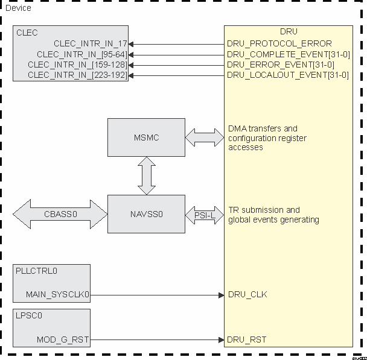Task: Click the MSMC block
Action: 146,137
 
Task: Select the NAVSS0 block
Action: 146,214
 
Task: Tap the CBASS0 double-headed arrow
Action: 60,214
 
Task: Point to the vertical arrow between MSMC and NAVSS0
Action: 146,175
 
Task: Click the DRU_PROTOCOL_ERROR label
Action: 279,43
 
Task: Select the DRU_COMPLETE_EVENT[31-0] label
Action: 288,54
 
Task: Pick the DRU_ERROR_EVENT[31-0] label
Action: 280,65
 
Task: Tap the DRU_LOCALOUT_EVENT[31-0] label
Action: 287,75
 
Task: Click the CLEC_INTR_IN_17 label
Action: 90,43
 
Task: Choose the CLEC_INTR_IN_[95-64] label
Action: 81,54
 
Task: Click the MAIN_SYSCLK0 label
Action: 57,295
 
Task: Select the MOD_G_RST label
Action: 63,340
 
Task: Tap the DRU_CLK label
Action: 247,295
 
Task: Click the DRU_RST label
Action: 246,340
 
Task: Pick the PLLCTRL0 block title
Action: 36,271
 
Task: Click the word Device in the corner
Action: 18,8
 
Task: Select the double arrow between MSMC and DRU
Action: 205,137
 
